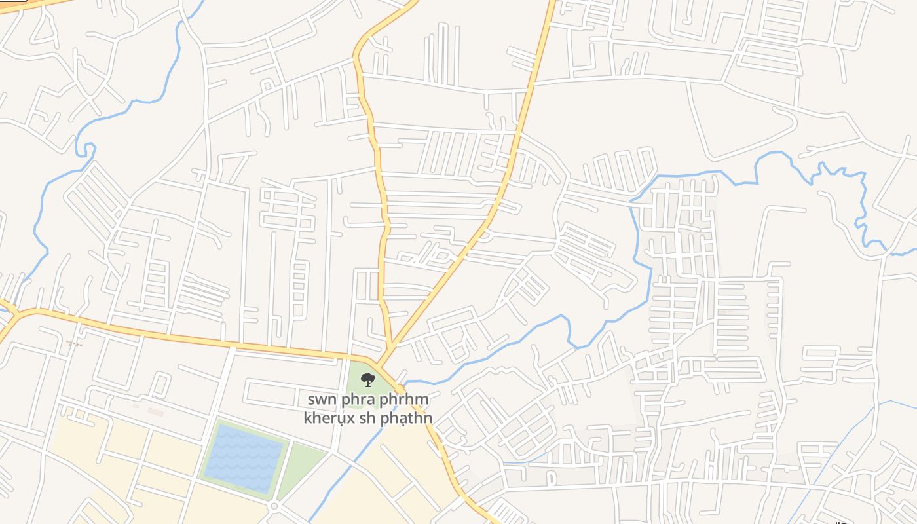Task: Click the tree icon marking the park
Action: click(368, 379)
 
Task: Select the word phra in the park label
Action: click(359, 399)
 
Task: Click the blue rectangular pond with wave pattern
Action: click(243, 458)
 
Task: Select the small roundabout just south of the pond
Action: click(274, 506)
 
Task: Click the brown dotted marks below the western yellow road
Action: click(74, 343)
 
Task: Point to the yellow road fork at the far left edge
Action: click(12, 313)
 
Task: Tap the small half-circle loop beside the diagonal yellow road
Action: click(484, 235)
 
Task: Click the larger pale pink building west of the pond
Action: click(155, 411)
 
